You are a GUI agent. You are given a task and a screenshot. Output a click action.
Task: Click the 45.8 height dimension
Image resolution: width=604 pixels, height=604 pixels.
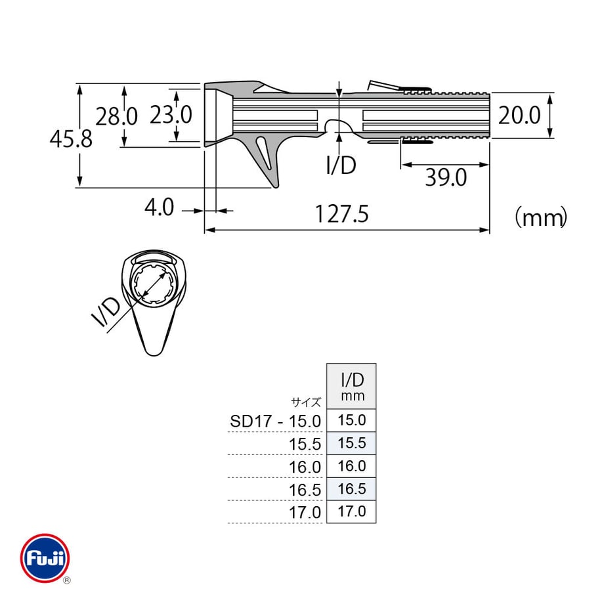[72, 139]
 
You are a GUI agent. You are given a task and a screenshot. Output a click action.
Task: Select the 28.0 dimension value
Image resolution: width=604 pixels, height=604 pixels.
[116, 116]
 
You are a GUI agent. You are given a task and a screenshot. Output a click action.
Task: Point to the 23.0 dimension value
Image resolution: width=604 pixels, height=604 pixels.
[171, 115]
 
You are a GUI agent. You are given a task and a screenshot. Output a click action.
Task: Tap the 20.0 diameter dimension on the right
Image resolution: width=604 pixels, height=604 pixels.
[519, 115]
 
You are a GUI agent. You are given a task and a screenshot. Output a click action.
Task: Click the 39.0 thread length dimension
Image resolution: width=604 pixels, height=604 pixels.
[446, 177]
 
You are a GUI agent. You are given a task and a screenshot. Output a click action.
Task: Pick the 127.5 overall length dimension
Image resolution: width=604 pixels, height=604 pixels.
[342, 214]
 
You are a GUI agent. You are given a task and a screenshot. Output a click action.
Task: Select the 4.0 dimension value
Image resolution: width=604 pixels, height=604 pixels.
[159, 207]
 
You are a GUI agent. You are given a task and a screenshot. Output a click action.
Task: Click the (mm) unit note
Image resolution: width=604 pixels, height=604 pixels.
[541, 218]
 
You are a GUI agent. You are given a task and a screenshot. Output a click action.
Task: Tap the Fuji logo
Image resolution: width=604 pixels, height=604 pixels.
[45, 558]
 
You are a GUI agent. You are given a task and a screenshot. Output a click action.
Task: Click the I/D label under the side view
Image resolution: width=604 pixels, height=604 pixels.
[341, 165]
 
